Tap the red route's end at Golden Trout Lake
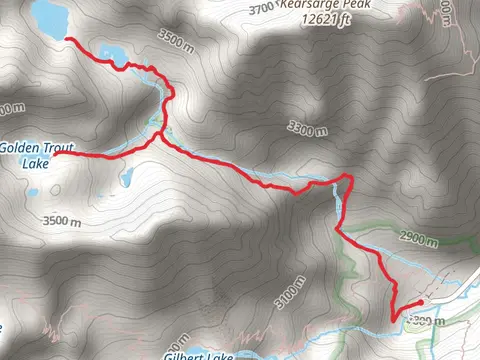click(x=56, y=154)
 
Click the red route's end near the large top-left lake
click(x=68, y=39)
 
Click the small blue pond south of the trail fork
click(x=126, y=179)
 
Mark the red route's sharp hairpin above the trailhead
click(x=393, y=319)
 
